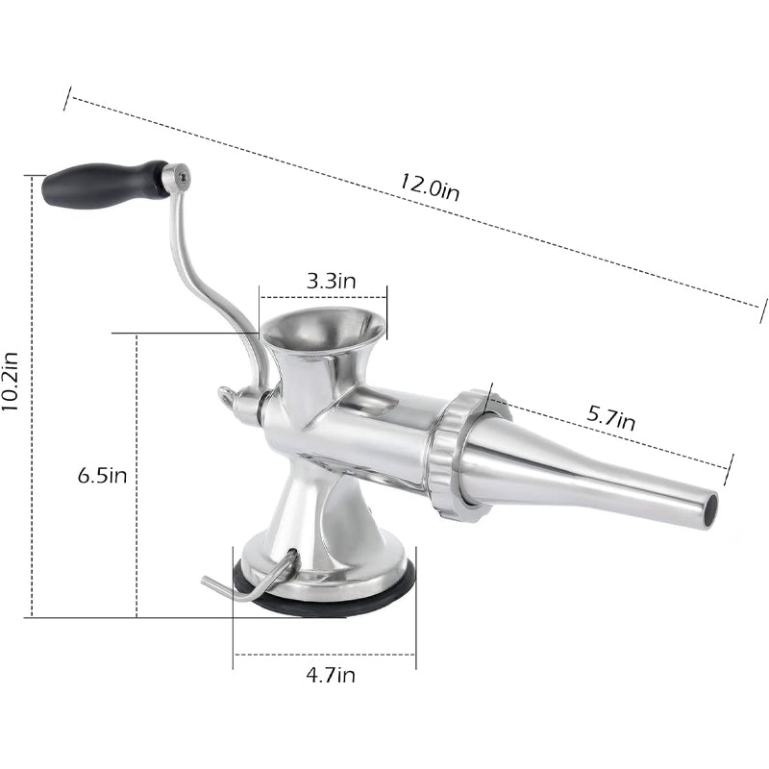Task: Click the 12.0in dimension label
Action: coord(430,186)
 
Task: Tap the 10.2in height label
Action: coord(12,381)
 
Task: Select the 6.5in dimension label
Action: coord(102,475)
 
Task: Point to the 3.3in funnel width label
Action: coord(332,281)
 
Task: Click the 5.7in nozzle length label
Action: coord(611,419)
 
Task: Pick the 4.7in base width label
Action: coord(331,675)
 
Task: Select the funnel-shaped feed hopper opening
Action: coord(323,330)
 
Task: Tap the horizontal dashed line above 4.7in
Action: coord(324,656)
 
